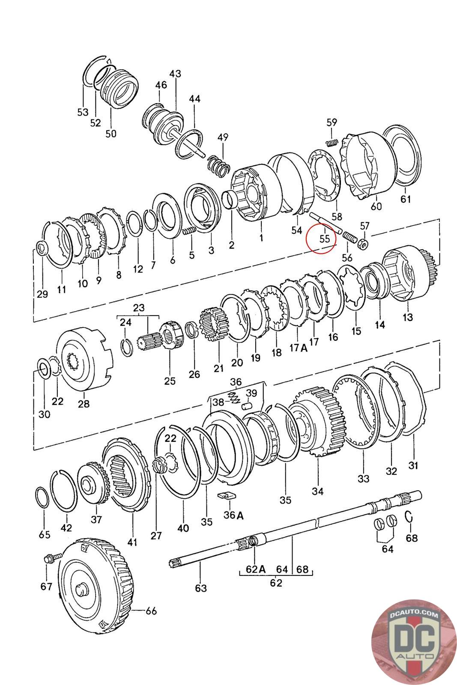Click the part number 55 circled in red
pos(324,238)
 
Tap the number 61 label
pos(405,199)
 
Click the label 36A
pos(233,515)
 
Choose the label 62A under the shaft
pos(256,569)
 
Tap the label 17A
pos(299,348)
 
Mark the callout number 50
pos(111,134)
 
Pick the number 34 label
pos(317,491)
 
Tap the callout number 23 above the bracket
pos(139,307)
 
